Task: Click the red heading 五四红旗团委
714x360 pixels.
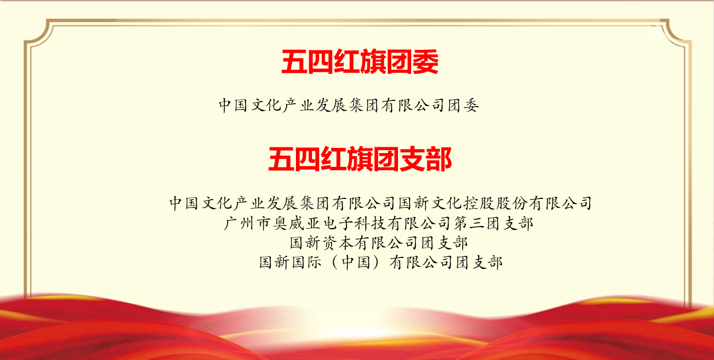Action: coord(360,62)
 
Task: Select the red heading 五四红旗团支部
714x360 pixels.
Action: coord(360,159)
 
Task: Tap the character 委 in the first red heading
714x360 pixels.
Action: coord(426,62)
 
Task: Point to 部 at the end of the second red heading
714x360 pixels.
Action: coord(439,159)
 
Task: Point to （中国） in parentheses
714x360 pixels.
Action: coord(352,263)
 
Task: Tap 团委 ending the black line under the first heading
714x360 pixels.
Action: coord(463,105)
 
